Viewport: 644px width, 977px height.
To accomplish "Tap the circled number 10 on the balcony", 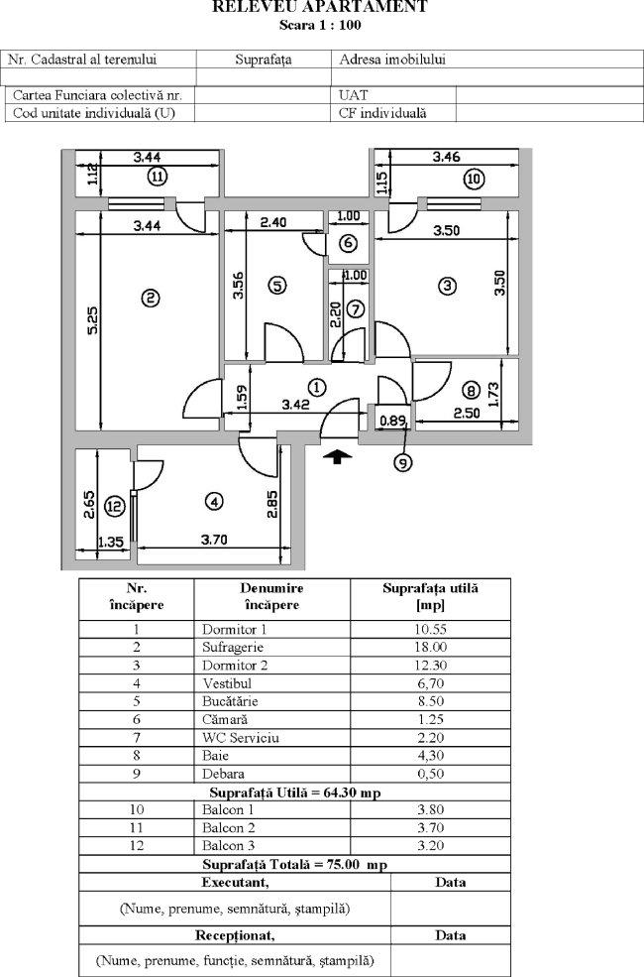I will [474, 179].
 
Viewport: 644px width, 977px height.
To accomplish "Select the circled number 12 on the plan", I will [115, 506].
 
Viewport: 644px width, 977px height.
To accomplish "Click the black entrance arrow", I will [338, 455].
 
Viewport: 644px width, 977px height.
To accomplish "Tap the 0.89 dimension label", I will [393, 421].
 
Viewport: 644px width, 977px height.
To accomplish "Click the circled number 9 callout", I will [403, 460].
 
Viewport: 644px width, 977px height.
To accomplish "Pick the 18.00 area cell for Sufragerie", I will [429, 647].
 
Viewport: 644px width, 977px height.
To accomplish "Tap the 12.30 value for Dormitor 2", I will [429, 665].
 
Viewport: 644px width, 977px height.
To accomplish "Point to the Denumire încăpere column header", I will [270, 596].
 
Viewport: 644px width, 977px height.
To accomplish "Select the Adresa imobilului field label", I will [391, 60].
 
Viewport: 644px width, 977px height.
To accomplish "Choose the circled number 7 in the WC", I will [356, 307].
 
